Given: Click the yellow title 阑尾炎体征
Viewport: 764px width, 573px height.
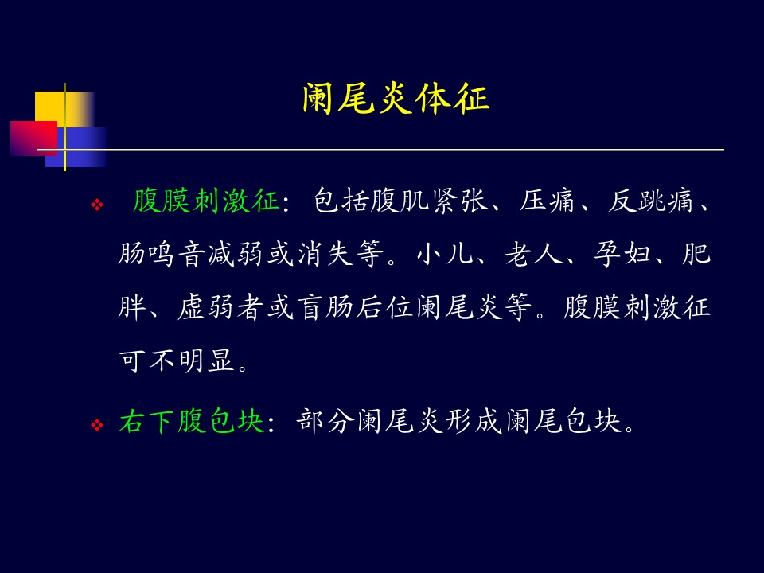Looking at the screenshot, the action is click(x=396, y=99).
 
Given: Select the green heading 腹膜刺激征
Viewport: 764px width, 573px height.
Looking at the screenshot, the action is click(x=205, y=201).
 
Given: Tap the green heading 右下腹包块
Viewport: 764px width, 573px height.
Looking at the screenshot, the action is click(x=192, y=421).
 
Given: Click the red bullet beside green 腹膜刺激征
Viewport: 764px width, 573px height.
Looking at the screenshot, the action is click(x=97, y=205).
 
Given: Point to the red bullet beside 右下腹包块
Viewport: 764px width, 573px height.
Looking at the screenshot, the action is click(x=97, y=425).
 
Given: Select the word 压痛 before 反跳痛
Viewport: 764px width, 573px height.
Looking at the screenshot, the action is click(x=547, y=201).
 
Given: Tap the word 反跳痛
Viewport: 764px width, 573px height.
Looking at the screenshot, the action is click(x=650, y=201).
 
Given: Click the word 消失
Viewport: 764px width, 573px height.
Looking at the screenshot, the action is click(x=325, y=255).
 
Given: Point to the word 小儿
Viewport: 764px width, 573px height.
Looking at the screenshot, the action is click(x=445, y=255).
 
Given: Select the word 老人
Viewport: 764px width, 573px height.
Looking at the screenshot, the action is click(x=534, y=255).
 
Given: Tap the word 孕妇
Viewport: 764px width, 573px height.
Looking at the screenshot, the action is click(x=622, y=255).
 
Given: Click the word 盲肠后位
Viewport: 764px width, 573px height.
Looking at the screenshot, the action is click(x=356, y=308).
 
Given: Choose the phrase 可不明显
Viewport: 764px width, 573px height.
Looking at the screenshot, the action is click(x=177, y=361).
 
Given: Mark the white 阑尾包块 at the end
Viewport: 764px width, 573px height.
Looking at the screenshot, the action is click(x=563, y=421).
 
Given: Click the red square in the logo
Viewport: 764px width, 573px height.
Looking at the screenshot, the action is click(x=33, y=138).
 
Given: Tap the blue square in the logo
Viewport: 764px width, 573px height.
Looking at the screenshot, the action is click(x=76, y=147).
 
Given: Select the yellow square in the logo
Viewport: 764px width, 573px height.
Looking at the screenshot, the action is click(x=64, y=109).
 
